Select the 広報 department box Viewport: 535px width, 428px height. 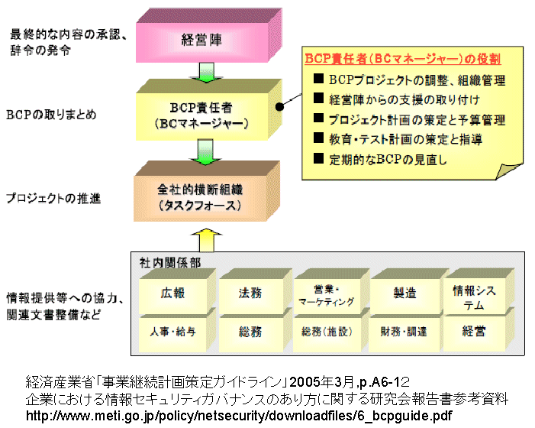pyautogui.click(x=172, y=293)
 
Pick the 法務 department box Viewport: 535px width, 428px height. pyautogui.click(x=249, y=293)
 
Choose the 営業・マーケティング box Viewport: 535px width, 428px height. pyautogui.click(x=326, y=294)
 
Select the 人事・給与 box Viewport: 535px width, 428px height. pyautogui.click(x=172, y=332)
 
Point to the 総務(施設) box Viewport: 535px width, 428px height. pyautogui.click(x=326, y=332)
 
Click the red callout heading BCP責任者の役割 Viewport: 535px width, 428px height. pyautogui.click(x=402, y=58)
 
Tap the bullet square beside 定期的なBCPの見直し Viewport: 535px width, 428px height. pyautogui.click(x=319, y=159)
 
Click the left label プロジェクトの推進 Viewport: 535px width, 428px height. pyautogui.click(x=53, y=198)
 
